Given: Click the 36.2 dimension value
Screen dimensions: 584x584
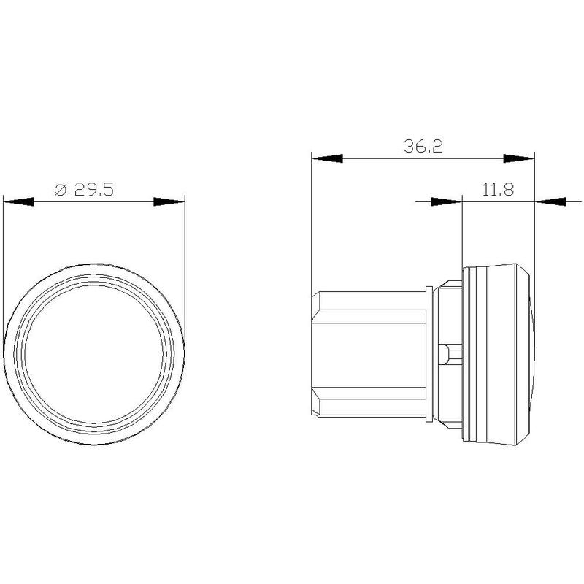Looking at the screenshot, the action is coord(423,146).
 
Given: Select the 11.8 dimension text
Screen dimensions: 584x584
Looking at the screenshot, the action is coord(498,190).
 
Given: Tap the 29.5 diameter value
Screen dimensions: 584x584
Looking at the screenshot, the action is coord(93,190).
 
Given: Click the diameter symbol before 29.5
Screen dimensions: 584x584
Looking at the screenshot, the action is coord(61,190).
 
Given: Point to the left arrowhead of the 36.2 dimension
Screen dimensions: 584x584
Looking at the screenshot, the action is coord(327,158).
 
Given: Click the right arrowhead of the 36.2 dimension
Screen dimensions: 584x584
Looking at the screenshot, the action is coord(519,158).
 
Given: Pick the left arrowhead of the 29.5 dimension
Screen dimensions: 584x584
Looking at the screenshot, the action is coord(19,202).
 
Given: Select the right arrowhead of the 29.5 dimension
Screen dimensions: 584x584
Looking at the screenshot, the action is coord(169,202).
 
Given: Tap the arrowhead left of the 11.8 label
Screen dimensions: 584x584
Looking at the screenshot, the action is coord(446,202).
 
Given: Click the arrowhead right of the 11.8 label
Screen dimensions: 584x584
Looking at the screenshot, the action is coord(550,202).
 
